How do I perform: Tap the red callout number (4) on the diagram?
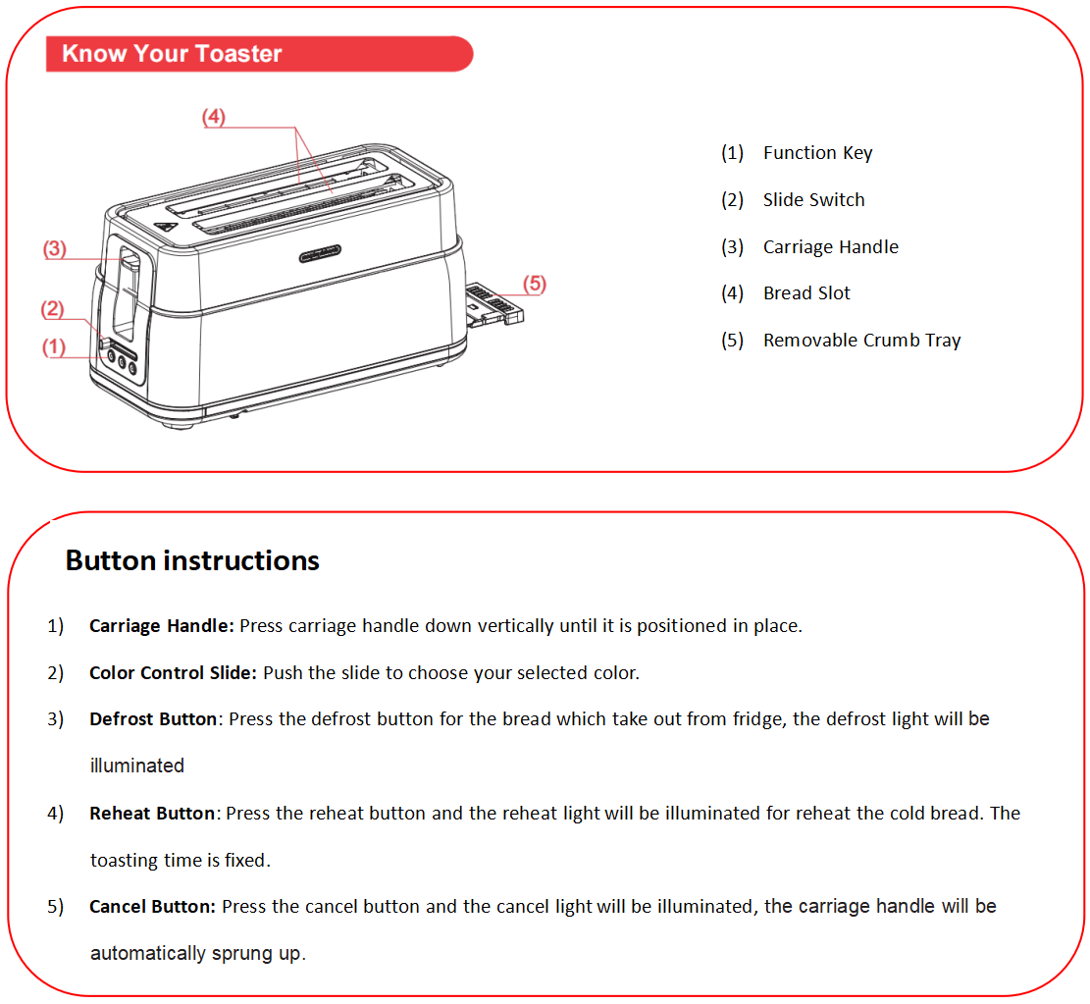(214, 117)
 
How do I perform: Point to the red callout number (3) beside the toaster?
(54, 249)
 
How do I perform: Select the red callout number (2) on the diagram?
(52, 310)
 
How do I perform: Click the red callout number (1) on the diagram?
(52, 346)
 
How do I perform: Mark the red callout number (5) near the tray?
(534, 284)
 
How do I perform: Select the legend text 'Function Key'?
(817, 153)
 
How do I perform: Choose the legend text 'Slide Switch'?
(813, 200)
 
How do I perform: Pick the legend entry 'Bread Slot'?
(806, 293)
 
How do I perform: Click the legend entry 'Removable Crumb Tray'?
(861, 341)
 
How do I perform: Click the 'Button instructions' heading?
(192, 560)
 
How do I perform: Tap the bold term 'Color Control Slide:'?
(173, 673)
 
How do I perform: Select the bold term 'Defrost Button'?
(152, 719)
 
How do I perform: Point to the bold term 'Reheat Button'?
(151, 814)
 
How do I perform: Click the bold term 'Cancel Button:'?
(152, 907)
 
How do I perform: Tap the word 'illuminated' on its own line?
(137, 766)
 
